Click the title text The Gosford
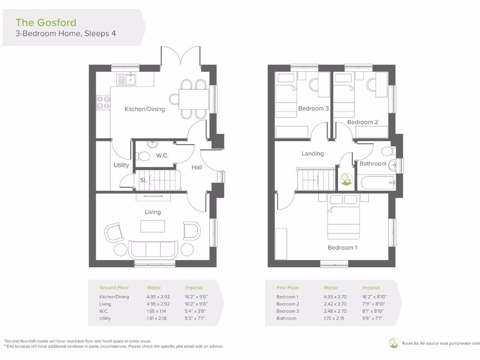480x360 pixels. (46, 22)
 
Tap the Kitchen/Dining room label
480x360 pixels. (144, 109)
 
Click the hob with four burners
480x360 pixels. (103, 103)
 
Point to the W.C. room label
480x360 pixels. (162, 156)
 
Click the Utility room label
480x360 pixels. (121, 165)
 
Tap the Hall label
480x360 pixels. (197, 167)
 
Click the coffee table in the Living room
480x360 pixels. (153, 226)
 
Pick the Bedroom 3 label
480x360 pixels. (314, 109)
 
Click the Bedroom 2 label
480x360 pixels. (362, 122)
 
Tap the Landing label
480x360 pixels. (313, 153)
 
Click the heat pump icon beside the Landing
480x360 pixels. (347, 180)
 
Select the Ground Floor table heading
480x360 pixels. (114, 288)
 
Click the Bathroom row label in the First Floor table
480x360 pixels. (286, 318)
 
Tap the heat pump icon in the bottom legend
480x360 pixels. (393, 343)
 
